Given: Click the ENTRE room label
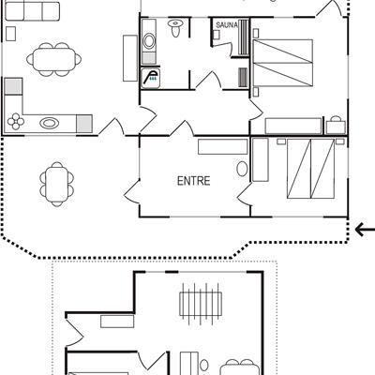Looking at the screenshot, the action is click(x=193, y=181).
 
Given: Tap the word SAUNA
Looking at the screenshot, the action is click(x=227, y=25).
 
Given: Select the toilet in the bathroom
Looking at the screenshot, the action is click(x=175, y=28).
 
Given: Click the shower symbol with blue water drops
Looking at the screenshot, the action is click(x=151, y=78).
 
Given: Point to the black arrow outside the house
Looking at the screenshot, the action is click(x=365, y=230).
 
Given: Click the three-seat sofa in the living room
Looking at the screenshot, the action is click(x=33, y=11).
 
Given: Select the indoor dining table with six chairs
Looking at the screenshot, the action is click(x=54, y=59).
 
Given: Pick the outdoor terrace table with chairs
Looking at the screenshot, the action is click(x=56, y=184).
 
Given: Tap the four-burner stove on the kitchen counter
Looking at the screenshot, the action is click(x=16, y=121).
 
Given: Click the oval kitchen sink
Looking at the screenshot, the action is click(x=50, y=123).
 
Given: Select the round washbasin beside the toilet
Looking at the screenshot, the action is click(x=149, y=41).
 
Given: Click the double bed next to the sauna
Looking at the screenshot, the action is click(x=283, y=63).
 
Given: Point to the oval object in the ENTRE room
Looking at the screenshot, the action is click(x=242, y=169).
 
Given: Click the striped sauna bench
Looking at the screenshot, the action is click(x=244, y=37).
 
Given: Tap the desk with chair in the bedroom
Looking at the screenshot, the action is click(x=336, y=126).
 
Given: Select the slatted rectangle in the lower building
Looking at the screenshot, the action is click(x=201, y=304).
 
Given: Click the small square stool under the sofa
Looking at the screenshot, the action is click(x=10, y=34).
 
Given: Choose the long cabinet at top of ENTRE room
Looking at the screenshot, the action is click(x=223, y=147).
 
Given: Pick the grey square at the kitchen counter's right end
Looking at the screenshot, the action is click(x=84, y=124).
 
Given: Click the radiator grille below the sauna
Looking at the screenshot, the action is click(x=243, y=77).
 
